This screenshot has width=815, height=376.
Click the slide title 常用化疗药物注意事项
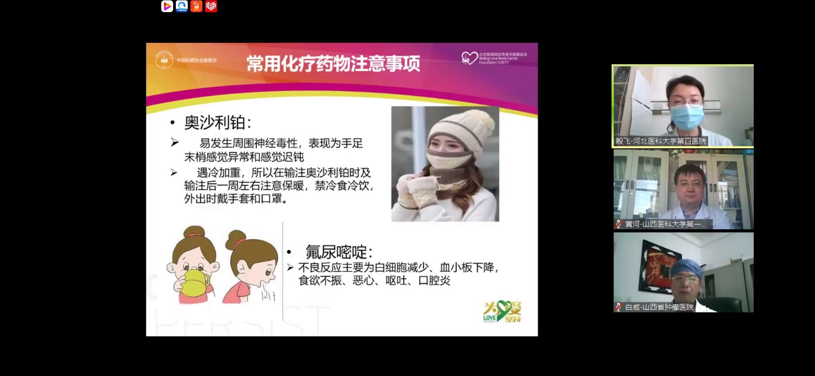click(x=333, y=64)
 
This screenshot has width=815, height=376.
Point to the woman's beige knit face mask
click(x=449, y=160)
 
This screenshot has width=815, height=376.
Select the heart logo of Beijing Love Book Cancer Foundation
click(x=469, y=58)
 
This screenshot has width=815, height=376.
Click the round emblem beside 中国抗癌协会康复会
click(x=164, y=60)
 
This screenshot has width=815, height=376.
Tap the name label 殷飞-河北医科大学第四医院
click(x=660, y=141)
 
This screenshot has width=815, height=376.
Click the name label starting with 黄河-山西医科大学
click(x=665, y=224)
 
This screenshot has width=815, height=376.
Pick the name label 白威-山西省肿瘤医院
click(x=659, y=307)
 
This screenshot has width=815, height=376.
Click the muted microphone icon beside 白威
click(x=619, y=307)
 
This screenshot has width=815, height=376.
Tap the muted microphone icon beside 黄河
click(x=619, y=224)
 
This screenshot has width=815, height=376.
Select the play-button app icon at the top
click(x=167, y=6)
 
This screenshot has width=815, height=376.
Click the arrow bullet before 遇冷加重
click(x=174, y=173)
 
